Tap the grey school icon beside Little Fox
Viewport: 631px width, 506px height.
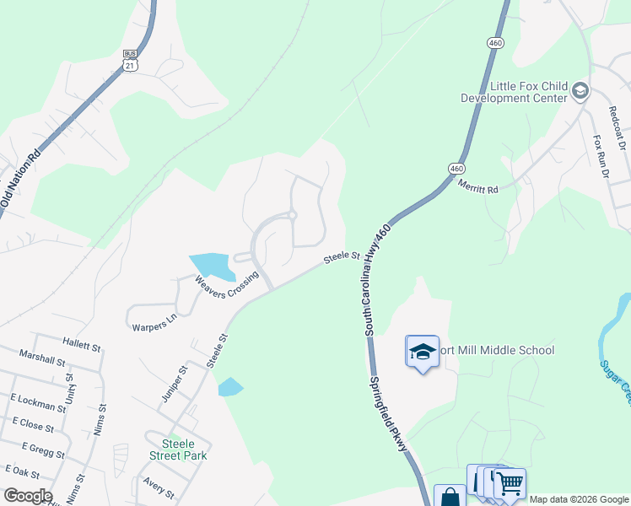tap(580, 90)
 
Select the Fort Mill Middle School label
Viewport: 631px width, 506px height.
tap(498, 350)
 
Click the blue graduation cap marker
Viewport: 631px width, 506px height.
tap(423, 352)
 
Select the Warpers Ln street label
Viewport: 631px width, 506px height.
tap(153, 323)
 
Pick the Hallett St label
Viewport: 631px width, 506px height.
tap(82, 342)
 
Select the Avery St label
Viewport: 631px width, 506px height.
tap(158, 488)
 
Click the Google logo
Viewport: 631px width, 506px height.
tap(27, 496)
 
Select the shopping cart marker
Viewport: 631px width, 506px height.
tap(510, 484)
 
